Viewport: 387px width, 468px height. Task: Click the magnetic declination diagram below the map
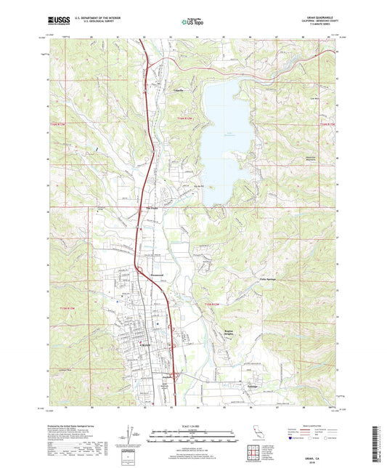click(131, 440)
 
